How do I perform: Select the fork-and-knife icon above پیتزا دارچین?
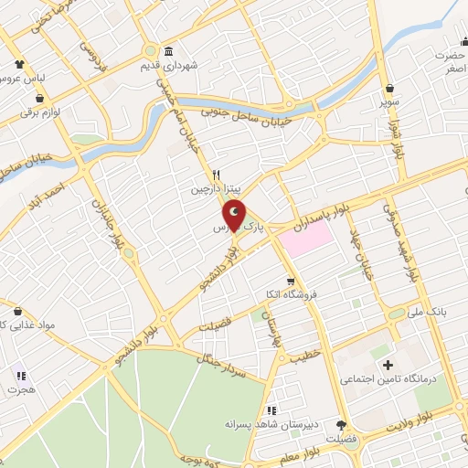(x=217, y=175)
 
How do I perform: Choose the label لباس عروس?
(x=20, y=80)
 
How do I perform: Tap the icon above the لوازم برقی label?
(x=40, y=97)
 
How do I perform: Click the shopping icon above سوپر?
(x=391, y=88)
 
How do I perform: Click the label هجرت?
(x=20, y=389)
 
